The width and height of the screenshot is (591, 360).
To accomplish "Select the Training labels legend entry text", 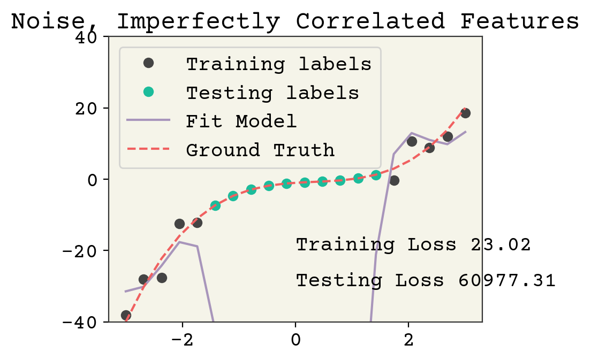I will point(278,64).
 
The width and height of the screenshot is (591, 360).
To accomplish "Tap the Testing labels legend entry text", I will point(272,93).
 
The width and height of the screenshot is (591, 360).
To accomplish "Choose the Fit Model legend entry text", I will point(241,121).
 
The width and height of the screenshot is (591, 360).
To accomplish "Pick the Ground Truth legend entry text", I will point(260,150).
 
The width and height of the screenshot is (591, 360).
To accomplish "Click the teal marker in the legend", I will point(148,92).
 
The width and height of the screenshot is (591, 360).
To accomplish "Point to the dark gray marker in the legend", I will point(148,63).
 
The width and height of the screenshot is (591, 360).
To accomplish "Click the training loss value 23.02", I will point(501,245).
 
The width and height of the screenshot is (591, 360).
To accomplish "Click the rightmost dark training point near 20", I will point(465,113).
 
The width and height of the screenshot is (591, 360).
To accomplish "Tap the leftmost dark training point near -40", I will point(126,315).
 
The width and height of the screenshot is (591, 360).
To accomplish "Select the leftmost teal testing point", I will point(215,205).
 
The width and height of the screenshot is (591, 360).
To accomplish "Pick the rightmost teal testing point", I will point(376,175).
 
